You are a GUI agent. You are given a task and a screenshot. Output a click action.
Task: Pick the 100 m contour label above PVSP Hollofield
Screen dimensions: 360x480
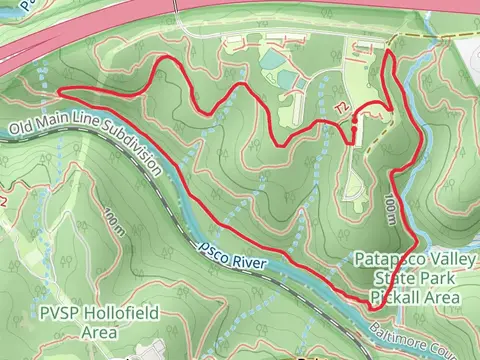(113, 219)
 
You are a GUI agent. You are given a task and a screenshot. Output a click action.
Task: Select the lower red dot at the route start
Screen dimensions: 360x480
(354, 128)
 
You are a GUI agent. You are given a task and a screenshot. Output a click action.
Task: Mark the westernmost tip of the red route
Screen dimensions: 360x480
(60, 90)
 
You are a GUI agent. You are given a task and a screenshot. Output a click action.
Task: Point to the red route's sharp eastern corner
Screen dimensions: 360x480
(416, 243)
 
